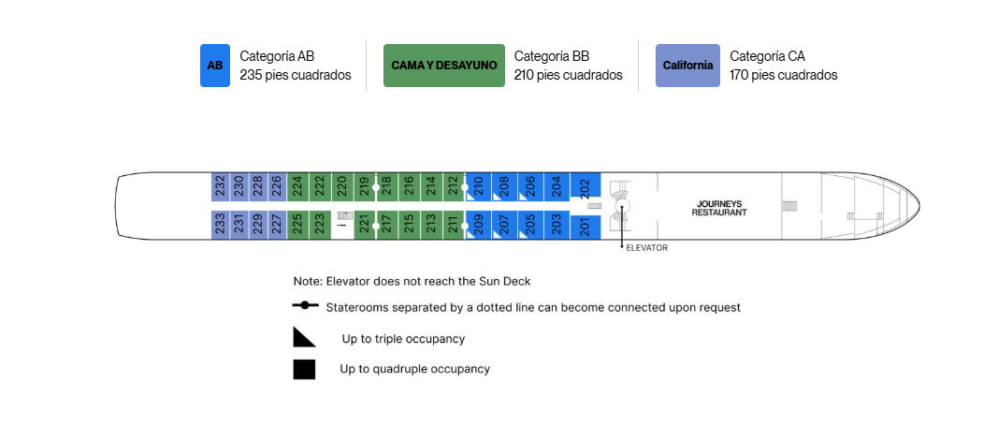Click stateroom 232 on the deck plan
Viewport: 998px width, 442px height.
click(x=220, y=186)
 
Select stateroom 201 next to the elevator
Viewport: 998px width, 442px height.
click(x=586, y=227)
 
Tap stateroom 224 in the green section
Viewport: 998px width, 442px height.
click(x=297, y=186)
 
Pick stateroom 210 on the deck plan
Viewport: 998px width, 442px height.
click(x=479, y=186)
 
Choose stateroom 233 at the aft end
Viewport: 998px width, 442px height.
click(x=220, y=225)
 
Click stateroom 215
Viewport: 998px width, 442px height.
click(x=409, y=225)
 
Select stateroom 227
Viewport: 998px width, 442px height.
click(x=277, y=225)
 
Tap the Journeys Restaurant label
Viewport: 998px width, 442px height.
click(x=719, y=208)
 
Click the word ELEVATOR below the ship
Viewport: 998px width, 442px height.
click(x=647, y=248)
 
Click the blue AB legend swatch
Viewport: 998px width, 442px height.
click(x=215, y=66)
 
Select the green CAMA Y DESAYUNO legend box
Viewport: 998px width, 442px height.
click(x=443, y=66)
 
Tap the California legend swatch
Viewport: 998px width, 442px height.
click(x=688, y=66)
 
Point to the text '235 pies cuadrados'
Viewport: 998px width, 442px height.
click(x=296, y=75)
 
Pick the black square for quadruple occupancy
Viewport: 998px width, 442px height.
click(x=304, y=370)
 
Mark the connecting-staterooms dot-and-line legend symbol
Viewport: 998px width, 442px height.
click(x=306, y=305)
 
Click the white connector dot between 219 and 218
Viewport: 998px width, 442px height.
click(x=375, y=187)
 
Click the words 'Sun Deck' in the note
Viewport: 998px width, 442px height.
click(x=508, y=281)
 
